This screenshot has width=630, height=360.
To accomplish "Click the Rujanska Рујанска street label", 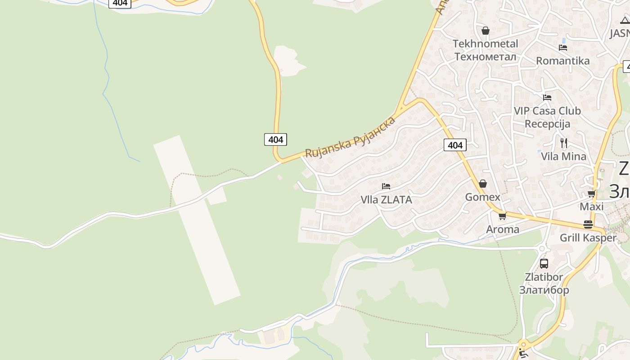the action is click(351, 137).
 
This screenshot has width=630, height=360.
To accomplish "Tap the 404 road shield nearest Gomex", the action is click(455, 145).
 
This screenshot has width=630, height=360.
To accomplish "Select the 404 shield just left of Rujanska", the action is click(275, 139).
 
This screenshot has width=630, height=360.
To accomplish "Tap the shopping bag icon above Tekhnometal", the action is click(485, 31).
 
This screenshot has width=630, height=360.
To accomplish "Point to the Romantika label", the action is click(562, 61).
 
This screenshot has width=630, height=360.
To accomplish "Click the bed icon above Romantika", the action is click(562, 47).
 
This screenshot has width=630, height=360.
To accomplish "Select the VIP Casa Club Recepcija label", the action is click(547, 117).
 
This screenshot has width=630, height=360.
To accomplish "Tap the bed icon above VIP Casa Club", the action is click(547, 97).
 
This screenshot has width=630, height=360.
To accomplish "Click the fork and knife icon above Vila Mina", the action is click(564, 143).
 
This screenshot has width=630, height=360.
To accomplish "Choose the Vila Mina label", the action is click(564, 157).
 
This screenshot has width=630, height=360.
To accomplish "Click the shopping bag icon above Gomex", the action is click(483, 184).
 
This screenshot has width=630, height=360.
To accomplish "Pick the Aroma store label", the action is click(503, 229).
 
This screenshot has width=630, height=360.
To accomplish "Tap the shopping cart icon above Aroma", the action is click(503, 216).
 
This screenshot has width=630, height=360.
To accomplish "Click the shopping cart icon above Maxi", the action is click(591, 194).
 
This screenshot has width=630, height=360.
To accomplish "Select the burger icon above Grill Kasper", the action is click(588, 224).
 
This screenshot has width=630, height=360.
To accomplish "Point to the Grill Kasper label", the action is click(588, 238).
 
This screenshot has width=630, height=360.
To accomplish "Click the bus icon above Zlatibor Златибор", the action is click(544, 264).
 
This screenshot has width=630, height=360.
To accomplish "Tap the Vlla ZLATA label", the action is click(386, 199).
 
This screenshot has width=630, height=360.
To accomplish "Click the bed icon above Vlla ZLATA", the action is click(386, 186).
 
